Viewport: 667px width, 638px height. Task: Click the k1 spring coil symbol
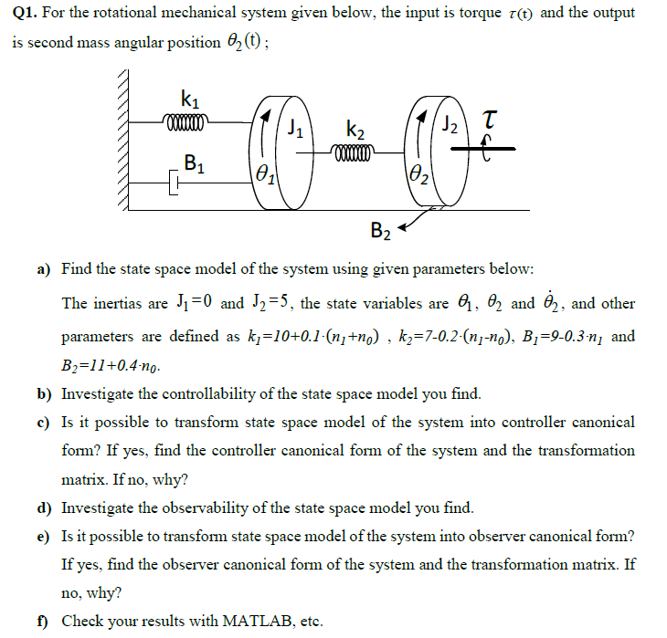[x=186, y=119]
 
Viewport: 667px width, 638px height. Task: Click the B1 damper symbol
[x=173, y=185]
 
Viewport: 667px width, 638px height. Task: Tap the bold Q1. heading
[x=26, y=14]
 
